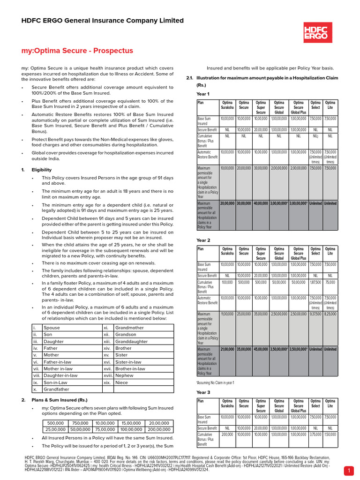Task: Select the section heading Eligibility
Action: pyautogui.click(x=42, y=170)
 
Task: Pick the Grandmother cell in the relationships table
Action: pyautogui.click(x=129, y=328)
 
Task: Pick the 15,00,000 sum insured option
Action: pyautogui.click(x=129, y=422)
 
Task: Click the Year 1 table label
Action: pyautogui.click(x=203, y=94)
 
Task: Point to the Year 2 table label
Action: pyautogui.click(x=203, y=240)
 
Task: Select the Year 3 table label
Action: pyautogui.click(x=203, y=392)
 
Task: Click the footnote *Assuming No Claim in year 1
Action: pyautogui.click(x=215, y=382)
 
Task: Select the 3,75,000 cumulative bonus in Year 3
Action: pyautogui.click(x=315, y=434)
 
